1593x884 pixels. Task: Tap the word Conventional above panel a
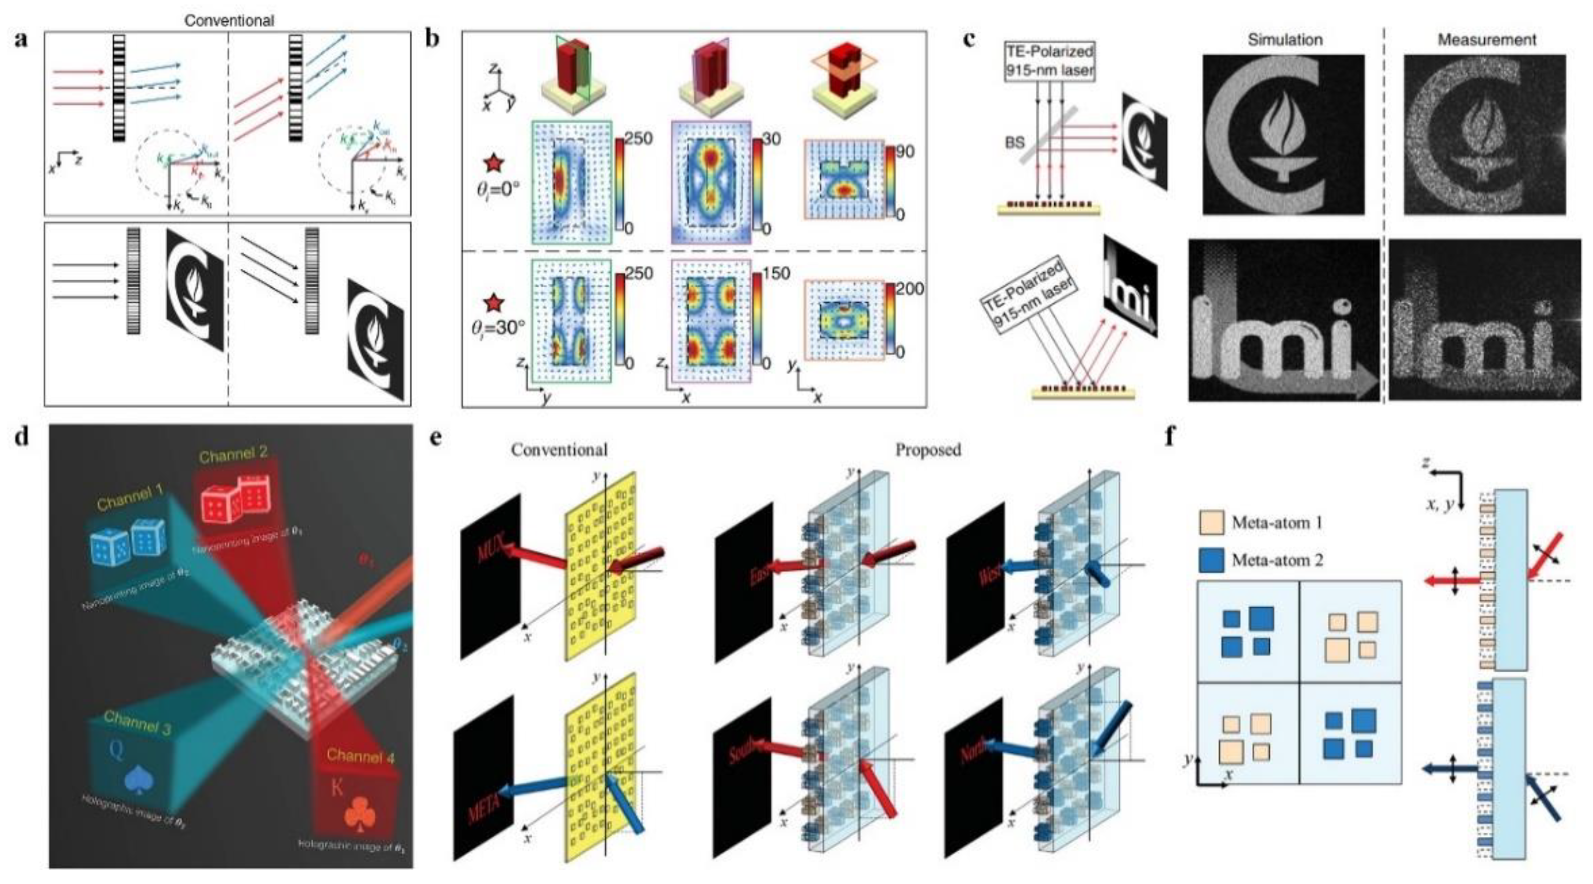229,20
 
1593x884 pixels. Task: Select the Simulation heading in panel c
1285,40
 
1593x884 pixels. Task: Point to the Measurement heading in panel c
1486,40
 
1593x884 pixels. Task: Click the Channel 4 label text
360,755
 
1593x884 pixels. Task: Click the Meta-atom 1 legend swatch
1211,523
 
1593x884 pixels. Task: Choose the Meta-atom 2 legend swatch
1211,560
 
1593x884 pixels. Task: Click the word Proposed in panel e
928,450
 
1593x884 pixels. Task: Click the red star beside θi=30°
494,304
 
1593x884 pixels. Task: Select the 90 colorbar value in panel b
905,152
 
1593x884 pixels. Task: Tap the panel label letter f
1170,437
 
